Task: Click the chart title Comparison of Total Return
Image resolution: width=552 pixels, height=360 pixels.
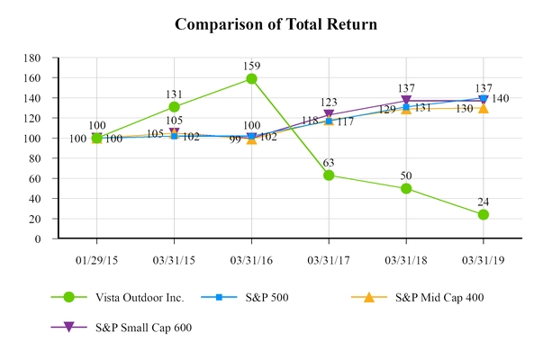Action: click(276, 24)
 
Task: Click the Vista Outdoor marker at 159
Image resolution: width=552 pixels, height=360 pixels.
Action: click(251, 78)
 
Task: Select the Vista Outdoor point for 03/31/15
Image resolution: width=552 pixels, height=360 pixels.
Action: click(174, 106)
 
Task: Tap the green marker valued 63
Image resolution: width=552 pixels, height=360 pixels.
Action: click(329, 175)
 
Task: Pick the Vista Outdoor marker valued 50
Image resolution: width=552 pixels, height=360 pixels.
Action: click(406, 188)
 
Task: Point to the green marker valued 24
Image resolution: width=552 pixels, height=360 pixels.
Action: click(484, 214)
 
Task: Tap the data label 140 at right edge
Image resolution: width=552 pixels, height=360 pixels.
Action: click(501, 98)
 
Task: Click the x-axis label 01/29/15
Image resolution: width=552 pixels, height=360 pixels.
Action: click(96, 258)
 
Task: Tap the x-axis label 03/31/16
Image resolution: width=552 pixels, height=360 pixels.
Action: click(251, 258)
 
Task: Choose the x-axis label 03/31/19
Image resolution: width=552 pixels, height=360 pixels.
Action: click(484, 258)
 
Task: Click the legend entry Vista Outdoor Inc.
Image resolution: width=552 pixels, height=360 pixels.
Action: click(139, 298)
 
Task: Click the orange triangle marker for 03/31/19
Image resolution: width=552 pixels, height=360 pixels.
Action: click(484, 108)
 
